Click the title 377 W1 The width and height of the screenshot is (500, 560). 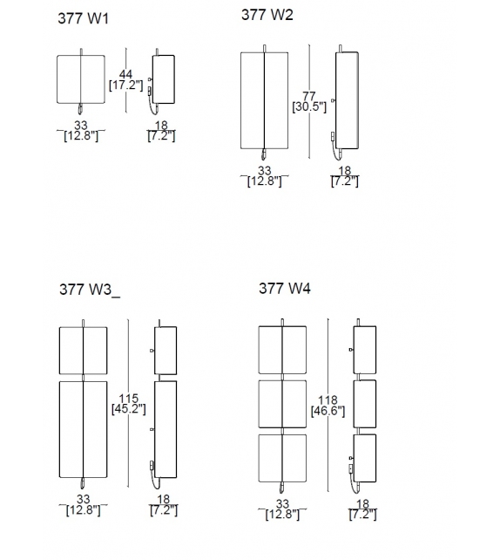coord(83,17)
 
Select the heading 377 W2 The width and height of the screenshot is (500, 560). coord(267,15)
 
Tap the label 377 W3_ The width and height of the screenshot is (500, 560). coord(90,290)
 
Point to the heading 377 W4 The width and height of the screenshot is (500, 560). coord(284,289)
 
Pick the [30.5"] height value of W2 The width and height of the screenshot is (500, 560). coord(309,106)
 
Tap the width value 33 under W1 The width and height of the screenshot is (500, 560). coord(82,126)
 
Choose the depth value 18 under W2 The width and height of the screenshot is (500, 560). coord(344,171)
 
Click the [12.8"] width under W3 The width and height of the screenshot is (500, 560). coord(82,510)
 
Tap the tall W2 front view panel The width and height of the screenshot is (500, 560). coord(265,100)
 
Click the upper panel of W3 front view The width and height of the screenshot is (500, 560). coord(82,349)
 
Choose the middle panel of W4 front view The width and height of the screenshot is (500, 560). coord(283,402)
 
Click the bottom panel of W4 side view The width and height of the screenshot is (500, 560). coord(364,457)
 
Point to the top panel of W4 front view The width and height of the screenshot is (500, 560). coord(283,349)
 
